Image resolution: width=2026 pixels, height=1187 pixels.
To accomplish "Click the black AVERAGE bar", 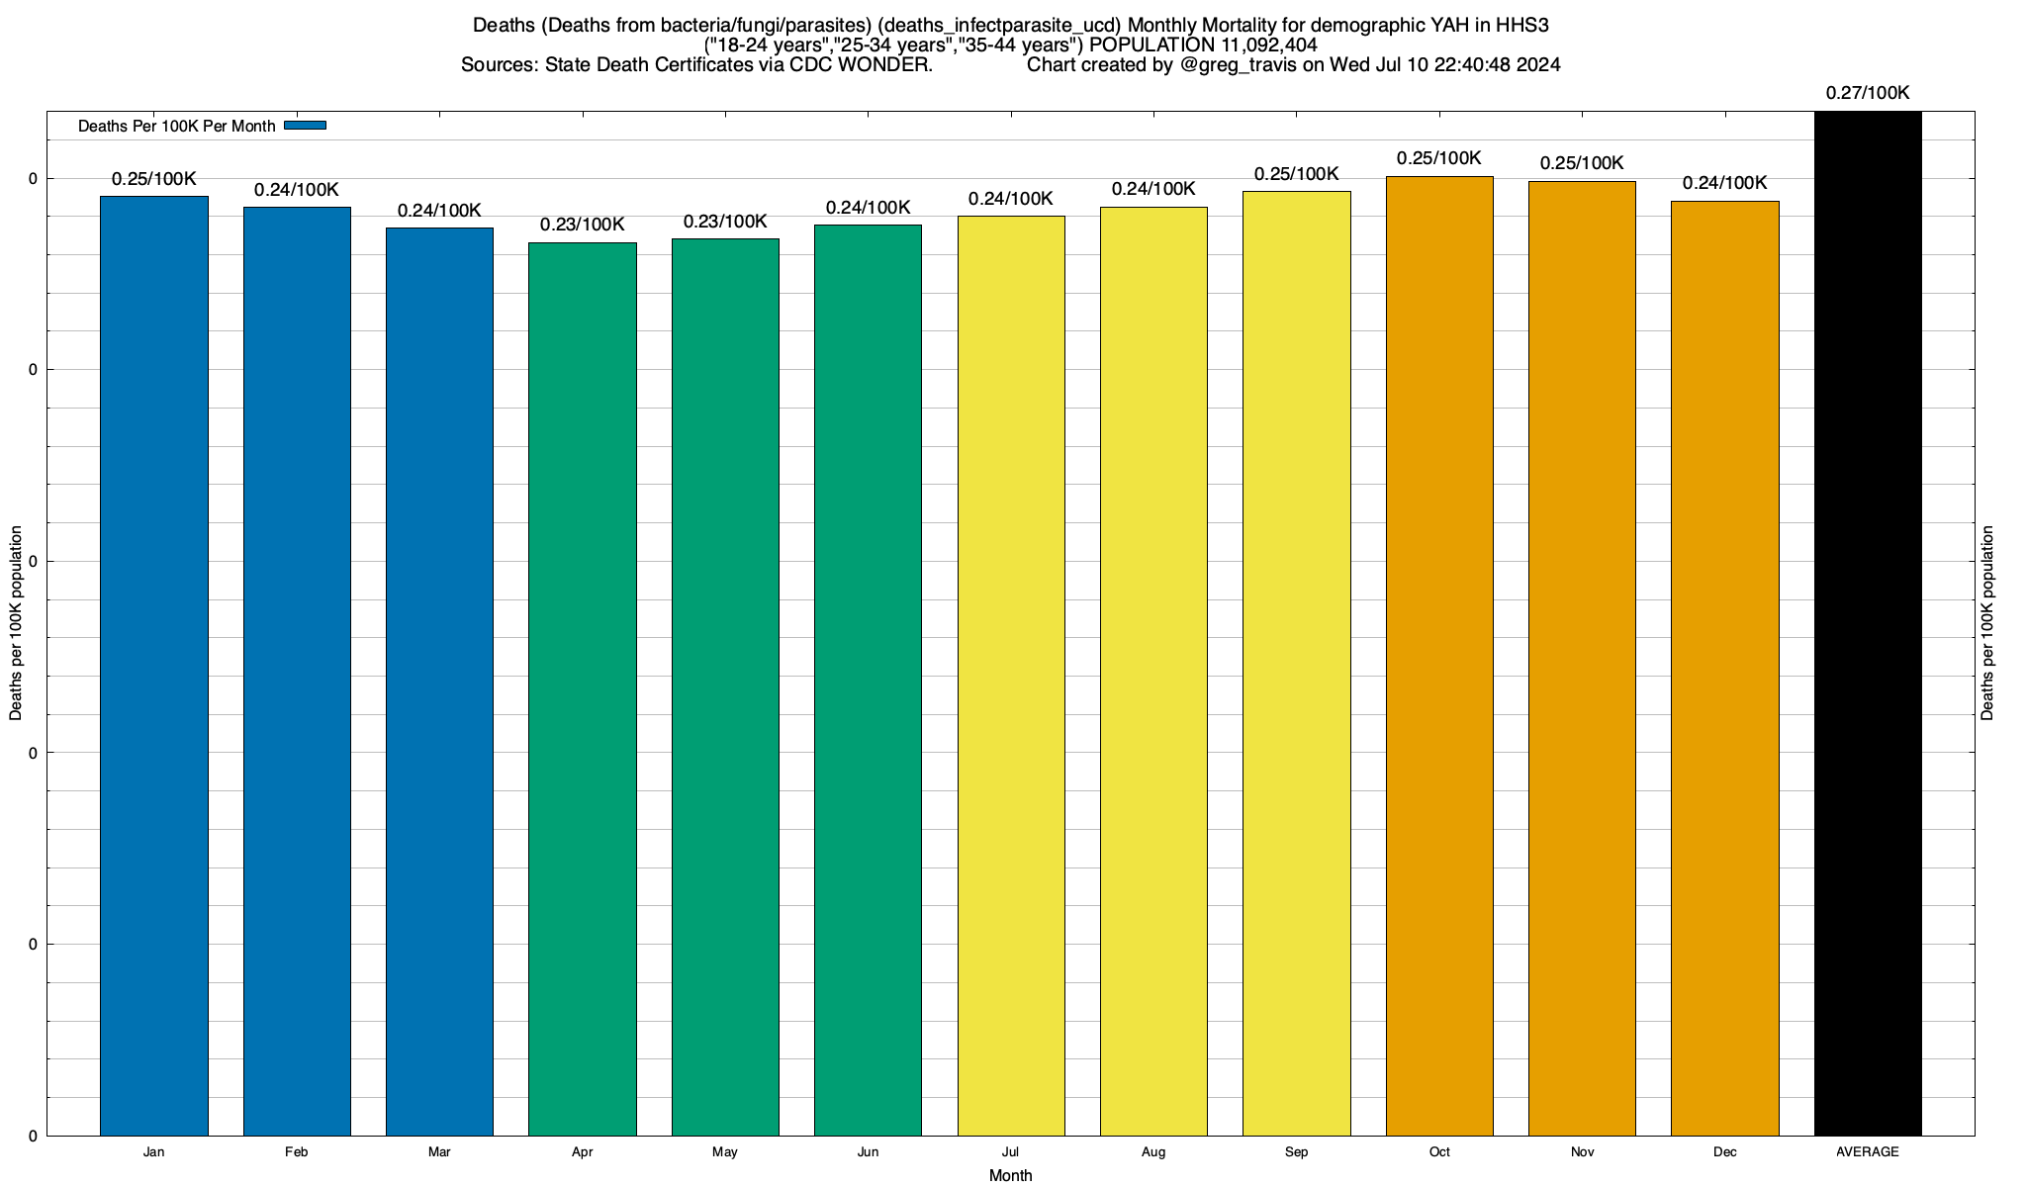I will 1868,623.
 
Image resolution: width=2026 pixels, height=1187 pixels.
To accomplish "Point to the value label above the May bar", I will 725,222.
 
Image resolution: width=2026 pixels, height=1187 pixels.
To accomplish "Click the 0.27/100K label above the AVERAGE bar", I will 1868,94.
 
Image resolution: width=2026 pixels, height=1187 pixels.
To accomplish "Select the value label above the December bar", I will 1724,184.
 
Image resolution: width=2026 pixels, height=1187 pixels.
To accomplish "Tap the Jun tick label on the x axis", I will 868,1152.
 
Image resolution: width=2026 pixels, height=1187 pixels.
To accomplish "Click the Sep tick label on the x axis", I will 1296,1152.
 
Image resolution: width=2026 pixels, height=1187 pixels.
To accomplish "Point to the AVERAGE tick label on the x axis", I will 1868,1152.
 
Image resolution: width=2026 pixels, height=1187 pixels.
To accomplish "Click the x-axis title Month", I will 1010,1176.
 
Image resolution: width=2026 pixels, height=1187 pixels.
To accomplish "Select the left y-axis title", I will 16,623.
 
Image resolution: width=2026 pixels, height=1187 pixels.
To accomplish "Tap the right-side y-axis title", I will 1987,623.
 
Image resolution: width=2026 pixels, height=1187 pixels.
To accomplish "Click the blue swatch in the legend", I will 305,126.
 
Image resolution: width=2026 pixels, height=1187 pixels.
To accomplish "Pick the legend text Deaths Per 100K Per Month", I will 176,127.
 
